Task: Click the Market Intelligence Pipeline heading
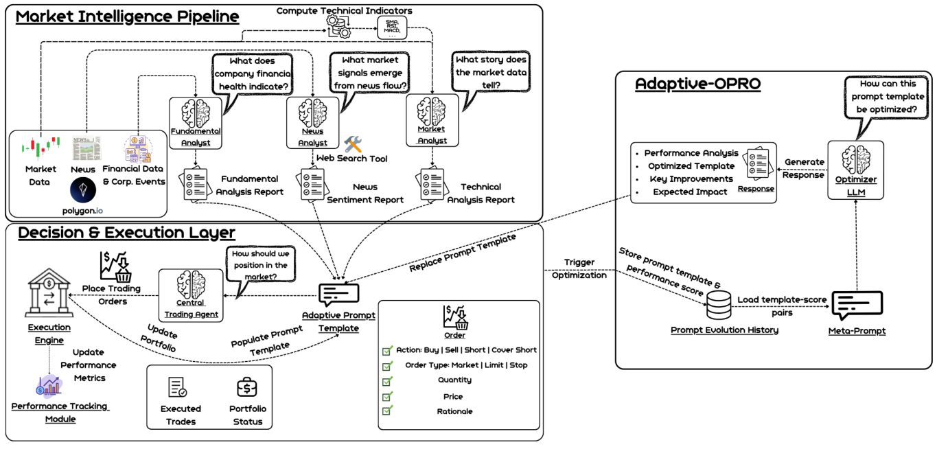tap(128, 16)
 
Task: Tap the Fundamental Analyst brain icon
tap(196, 113)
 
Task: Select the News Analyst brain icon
tap(312, 113)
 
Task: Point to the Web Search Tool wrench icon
tap(353, 144)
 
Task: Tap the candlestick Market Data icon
tap(41, 146)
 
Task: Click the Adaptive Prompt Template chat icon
tap(338, 295)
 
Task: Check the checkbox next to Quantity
tap(388, 380)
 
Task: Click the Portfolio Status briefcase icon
tap(246, 388)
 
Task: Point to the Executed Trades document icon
tap(178, 388)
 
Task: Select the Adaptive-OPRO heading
tap(697, 84)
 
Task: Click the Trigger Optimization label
tap(579, 268)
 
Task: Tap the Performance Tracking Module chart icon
tap(49, 386)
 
